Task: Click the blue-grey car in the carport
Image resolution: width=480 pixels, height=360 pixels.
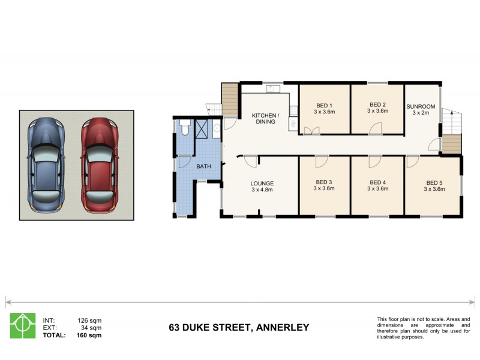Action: tap(46, 163)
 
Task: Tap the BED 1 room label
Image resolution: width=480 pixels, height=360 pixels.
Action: tap(323, 107)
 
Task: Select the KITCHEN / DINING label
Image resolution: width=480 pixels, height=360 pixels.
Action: tap(264, 118)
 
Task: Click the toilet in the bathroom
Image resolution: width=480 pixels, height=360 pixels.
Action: tap(185, 128)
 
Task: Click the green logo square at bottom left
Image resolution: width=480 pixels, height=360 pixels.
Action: tap(22, 326)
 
